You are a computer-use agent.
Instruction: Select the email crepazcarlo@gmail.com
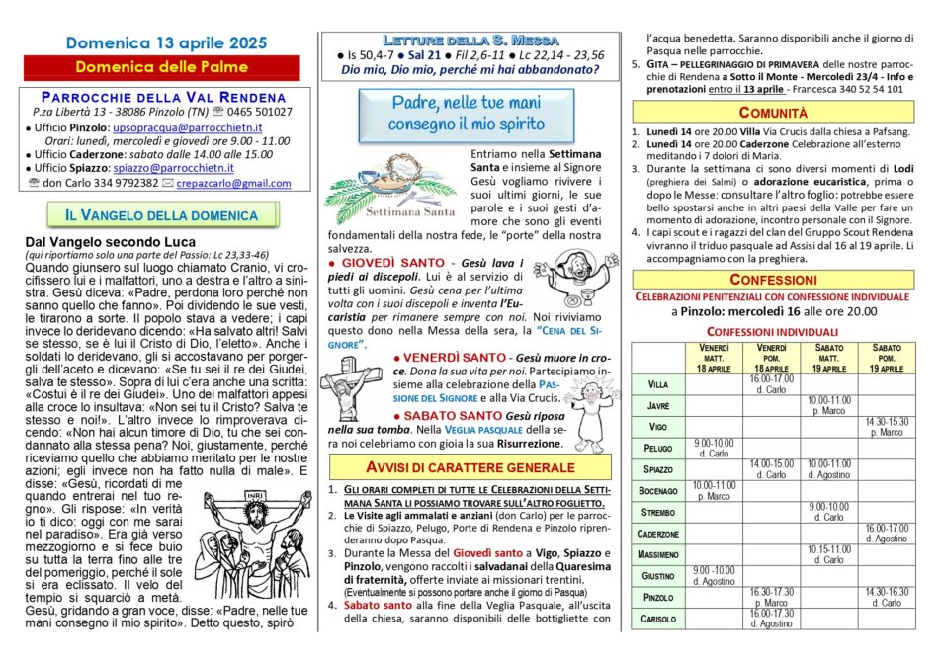pyautogui.click(x=235, y=183)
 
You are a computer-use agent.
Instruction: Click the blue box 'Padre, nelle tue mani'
pyautogui.click(x=467, y=114)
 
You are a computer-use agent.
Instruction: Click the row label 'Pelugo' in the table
pyautogui.click(x=658, y=448)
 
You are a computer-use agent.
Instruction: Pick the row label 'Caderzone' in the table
pyautogui.click(x=658, y=533)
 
